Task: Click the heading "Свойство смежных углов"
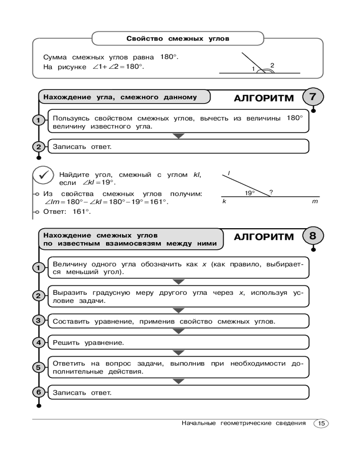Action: [178, 39]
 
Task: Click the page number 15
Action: [321, 423]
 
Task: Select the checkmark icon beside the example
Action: [44, 177]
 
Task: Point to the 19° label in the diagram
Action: [250, 193]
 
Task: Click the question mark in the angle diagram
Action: [271, 192]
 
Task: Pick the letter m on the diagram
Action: [315, 202]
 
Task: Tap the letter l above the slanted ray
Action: [229, 173]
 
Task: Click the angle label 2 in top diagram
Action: [272, 65]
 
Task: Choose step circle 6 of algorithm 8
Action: [39, 392]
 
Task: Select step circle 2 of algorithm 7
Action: [39, 147]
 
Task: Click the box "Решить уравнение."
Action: [178, 343]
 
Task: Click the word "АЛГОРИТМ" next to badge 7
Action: [264, 99]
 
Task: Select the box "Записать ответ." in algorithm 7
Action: [178, 147]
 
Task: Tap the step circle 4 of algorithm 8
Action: [39, 343]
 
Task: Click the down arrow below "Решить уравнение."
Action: [179, 356]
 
